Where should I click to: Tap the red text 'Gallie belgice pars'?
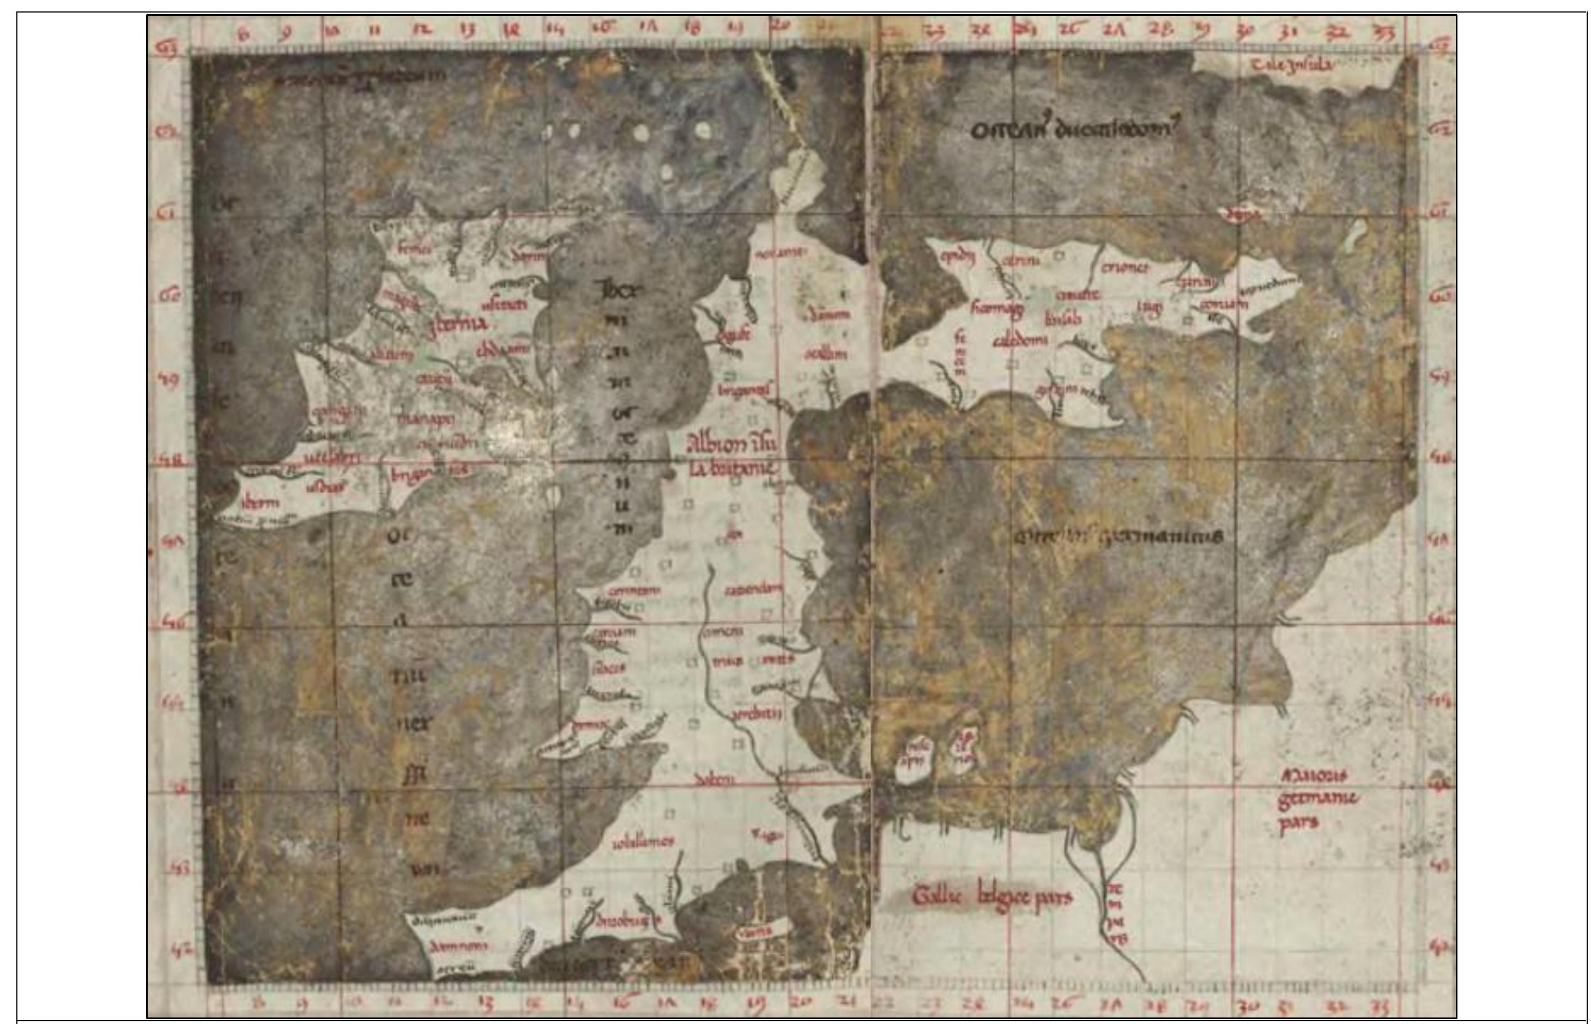(991, 897)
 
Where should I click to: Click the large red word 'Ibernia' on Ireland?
(458, 324)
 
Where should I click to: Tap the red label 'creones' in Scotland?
(1125, 268)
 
